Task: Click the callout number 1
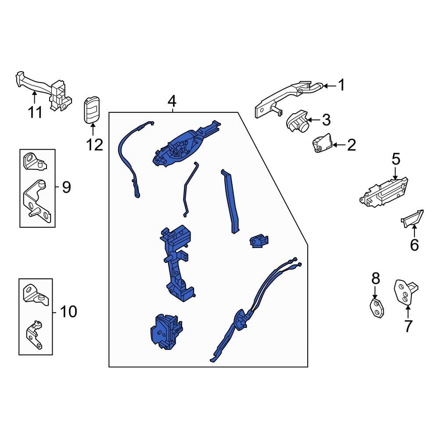pos(341,85)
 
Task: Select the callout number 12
pos(95,145)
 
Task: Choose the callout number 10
pos(68,311)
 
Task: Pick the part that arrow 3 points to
pos(297,122)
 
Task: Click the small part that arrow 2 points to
pos(322,143)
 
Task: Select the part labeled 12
pos(92,110)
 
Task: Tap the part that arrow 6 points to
pos(412,218)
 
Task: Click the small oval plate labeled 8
pos(377,308)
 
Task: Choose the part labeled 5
pos(384,192)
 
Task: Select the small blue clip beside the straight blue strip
pos(259,241)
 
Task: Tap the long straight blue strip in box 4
pos(231,202)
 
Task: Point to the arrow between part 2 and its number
pos(339,145)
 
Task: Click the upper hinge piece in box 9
pos(34,162)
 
